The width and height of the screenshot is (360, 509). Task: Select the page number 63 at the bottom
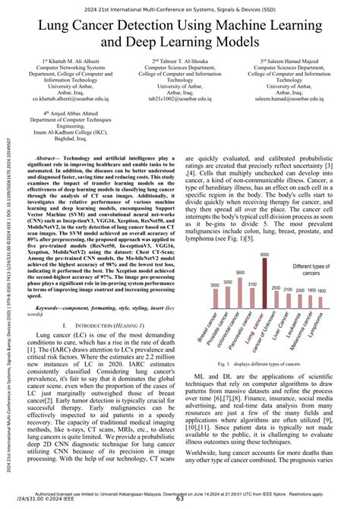[x=180, y=499]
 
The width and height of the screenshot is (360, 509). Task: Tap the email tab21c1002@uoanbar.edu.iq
[x=179, y=97]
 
